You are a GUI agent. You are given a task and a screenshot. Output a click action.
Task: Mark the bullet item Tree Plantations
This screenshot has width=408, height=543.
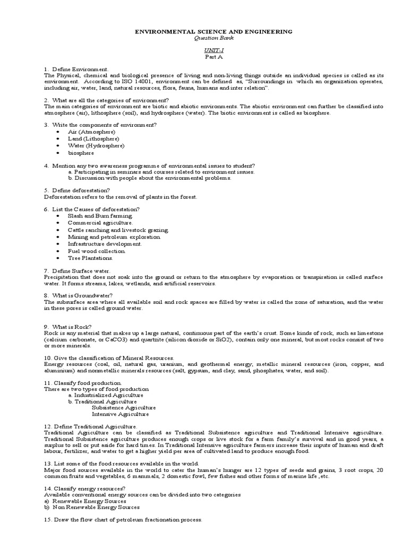coord(90,258)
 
